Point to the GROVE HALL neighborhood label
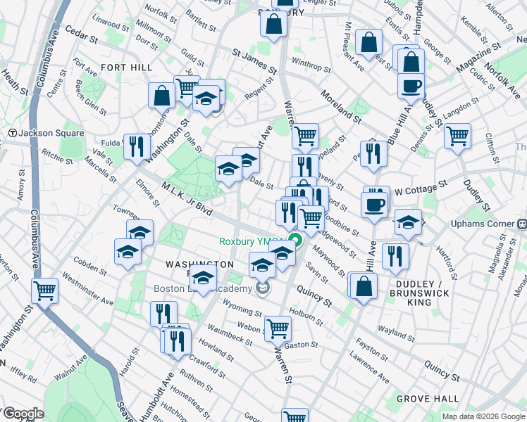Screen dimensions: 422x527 (x=422, y=399)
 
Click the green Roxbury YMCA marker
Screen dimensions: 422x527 (x=297, y=242)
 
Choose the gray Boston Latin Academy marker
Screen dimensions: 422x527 (x=263, y=288)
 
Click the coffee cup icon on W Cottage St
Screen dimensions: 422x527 (x=374, y=203)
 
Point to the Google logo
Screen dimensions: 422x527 (x=23, y=414)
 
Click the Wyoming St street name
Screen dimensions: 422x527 (x=242, y=309)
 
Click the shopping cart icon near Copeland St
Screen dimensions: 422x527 (x=305, y=135)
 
